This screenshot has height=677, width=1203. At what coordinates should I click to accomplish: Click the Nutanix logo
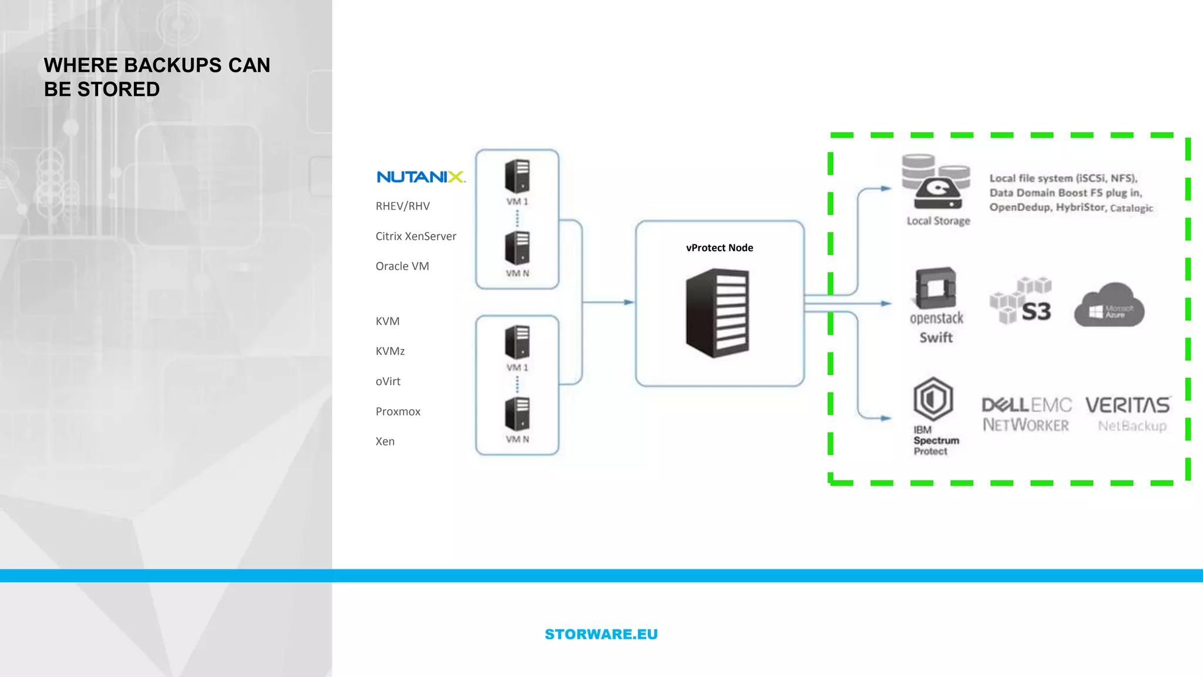[x=421, y=177]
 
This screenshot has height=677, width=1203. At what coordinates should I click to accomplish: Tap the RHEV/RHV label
[x=402, y=206]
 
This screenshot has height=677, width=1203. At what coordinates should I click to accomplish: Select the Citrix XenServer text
[x=415, y=236]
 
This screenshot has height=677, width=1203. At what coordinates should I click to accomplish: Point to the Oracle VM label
[x=402, y=266]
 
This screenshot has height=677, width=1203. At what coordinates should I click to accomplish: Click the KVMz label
[x=390, y=351]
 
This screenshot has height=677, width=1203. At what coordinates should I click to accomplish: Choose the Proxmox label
[x=398, y=411]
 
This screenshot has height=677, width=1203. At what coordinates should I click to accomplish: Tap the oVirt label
[x=388, y=381]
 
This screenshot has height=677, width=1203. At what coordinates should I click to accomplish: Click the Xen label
[x=385, y=441]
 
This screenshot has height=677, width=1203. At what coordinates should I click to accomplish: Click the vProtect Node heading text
[x=719, y=248]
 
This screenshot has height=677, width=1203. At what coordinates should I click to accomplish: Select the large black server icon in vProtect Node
[x=717, y=313]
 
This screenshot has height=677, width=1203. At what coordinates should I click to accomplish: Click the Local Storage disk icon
[x=936, y=182]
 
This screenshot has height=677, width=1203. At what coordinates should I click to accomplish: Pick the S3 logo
[x=1023, y=301]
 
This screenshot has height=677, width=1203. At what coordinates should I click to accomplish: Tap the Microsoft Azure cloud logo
[x=1109, y=306]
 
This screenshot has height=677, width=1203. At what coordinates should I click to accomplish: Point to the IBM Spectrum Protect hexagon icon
[x=932, y=398]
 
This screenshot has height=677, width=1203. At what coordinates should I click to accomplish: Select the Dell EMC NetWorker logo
[x=1026, y=414]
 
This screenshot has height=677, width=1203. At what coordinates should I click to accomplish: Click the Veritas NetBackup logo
[x=1128, y=414]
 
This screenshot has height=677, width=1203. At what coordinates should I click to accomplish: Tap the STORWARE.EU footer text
[x=601, y=635]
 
